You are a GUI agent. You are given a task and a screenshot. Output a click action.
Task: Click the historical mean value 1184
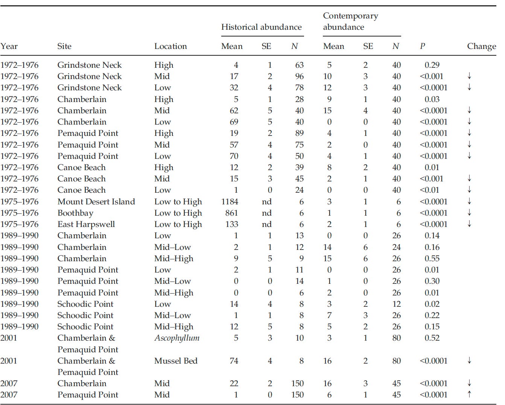click(x=230, y=202)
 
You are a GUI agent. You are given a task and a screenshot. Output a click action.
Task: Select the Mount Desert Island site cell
click(x=96, y=202)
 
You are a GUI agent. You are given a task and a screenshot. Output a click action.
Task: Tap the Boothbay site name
click(x=75, y=213)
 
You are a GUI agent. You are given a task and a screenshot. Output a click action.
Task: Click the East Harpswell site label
click(x=86, y=224)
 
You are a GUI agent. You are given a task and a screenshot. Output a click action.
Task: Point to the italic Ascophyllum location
click(x=177, y=338)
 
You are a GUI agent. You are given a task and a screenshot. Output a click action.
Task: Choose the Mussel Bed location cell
click(x=176, y=361)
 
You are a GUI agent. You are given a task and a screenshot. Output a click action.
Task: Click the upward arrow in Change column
click(x=469, y=394)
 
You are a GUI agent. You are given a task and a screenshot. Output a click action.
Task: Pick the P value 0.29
click(x=432, y=65)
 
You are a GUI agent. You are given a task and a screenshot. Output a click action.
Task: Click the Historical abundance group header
click(x=261, y=27)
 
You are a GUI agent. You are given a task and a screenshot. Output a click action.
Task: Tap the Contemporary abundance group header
click(x=350, y=21)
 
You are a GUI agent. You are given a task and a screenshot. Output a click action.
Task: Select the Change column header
click(x=481, y=46)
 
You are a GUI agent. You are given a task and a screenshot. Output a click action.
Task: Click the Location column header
click(x=170, y=46)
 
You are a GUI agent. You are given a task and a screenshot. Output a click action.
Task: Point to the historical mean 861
click(x=231, y=213)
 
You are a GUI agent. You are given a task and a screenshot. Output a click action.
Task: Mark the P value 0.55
click(x=432, y=259)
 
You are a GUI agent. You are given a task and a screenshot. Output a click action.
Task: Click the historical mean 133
click(x=231, y=224)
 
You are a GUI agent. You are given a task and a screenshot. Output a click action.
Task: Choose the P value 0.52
click(x=432, y=338)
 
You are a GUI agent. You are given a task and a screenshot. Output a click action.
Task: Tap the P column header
click(x=422, y=46)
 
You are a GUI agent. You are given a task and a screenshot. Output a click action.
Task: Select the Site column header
click(x=64, y=46)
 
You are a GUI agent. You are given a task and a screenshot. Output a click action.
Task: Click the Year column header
click(x=9, y=46)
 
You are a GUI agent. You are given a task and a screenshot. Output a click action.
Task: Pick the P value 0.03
click(x=432, y=99)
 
